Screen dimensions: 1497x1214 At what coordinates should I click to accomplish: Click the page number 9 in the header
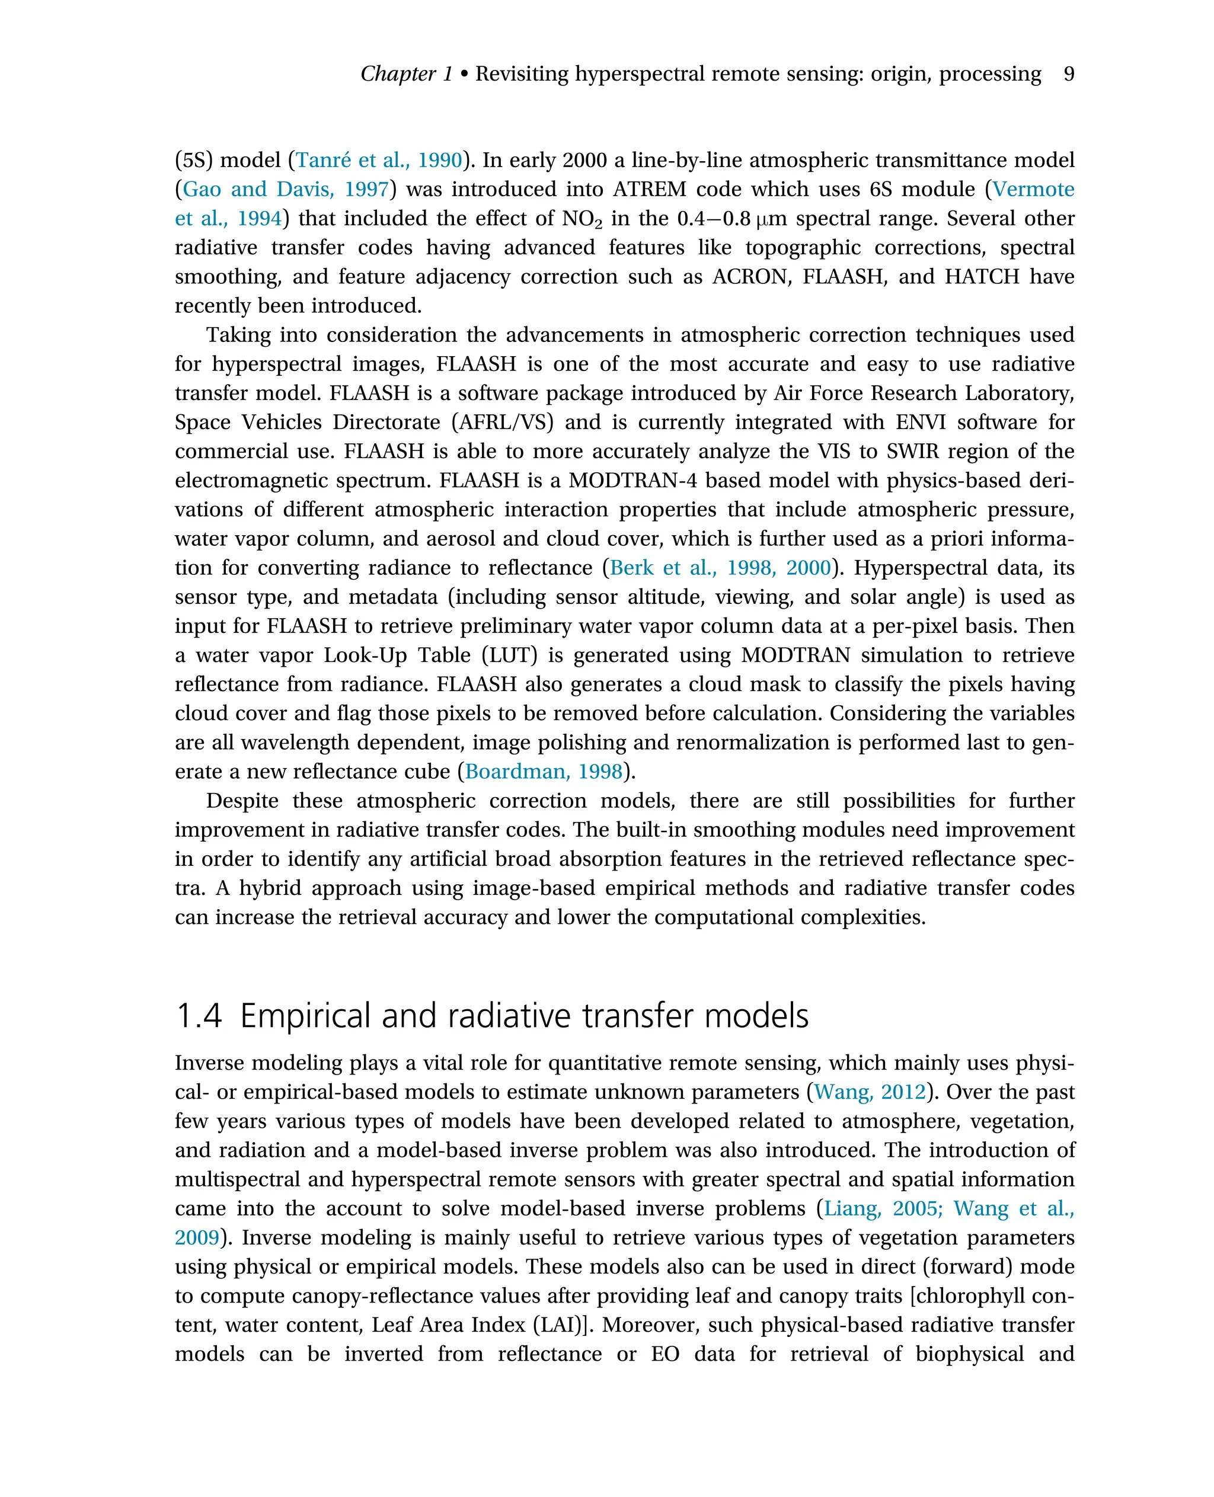point(1068,74)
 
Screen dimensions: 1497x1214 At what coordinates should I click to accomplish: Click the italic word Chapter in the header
point(398,74)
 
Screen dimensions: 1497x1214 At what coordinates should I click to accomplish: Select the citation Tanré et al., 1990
point(379,160)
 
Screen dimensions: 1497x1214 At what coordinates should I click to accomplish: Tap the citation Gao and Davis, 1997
point(285,190)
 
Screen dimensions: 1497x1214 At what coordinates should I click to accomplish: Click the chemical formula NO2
point(582,219)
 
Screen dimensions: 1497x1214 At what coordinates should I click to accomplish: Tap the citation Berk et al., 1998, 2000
point(720,568)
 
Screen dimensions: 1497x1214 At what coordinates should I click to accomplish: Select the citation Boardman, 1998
point(544,772)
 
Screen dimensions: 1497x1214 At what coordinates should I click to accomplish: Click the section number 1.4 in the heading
point(199,1016)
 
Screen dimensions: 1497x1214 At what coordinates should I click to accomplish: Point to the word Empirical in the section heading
point(304,1016)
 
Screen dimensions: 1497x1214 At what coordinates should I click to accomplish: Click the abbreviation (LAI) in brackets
point(563,1325)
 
